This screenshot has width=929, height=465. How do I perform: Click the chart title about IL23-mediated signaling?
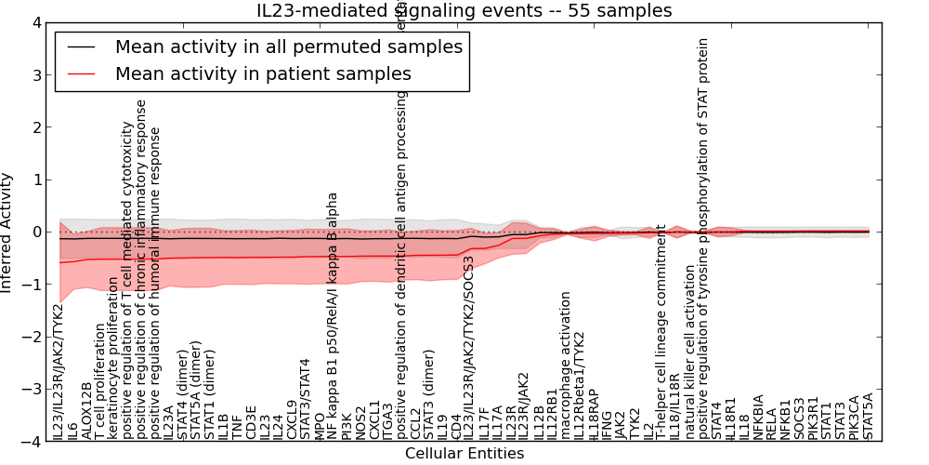pyautogui.click(x=464, y=11)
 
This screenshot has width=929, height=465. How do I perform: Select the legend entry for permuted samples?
pyautogui.click(x=288, y=46)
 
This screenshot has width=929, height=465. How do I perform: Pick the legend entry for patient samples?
pyautogui.click(x=263, y=73)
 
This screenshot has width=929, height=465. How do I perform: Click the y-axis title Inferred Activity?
pyautogui.click(x=7, y=232)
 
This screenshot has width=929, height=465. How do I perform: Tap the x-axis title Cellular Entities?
pyautogui.click(x=464, y=454)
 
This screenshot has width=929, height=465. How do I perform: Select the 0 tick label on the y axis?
pyautogui.click(x=36, y=232)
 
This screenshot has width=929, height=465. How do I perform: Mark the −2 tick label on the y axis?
pyautogui.click(x=33, y=338)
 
